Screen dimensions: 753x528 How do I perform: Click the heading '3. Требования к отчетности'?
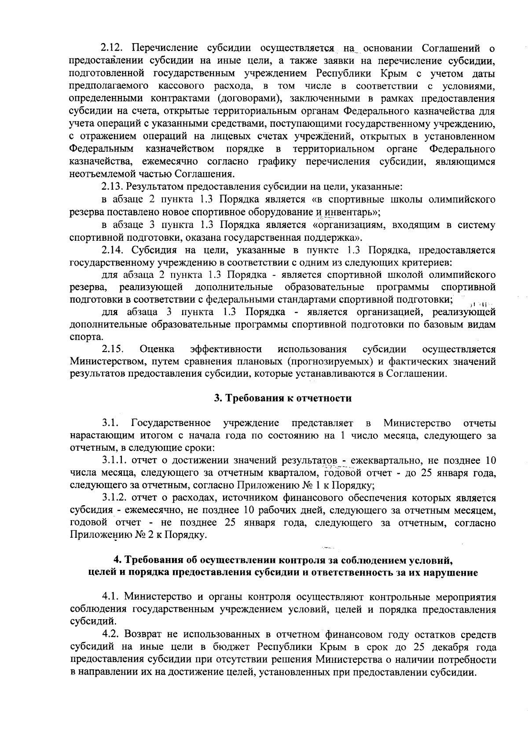coord(282,399)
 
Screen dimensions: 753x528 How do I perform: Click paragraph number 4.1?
coord(111,597)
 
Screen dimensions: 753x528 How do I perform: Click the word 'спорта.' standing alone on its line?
coord(87,337)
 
